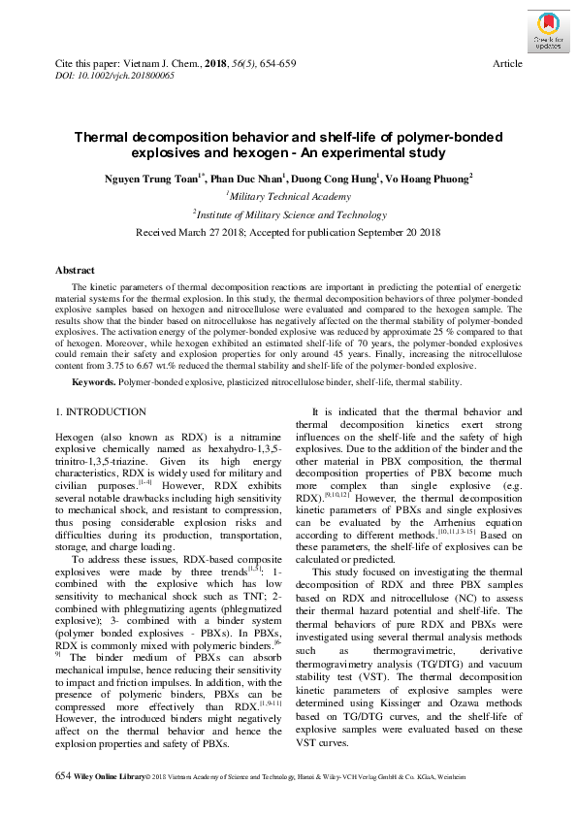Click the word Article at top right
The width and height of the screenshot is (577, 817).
tap(508, 63)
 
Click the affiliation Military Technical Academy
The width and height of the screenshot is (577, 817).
tap(289, 197)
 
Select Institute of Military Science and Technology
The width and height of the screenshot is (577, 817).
tap(289, 214)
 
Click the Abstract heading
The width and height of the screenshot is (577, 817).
tap(75, 271)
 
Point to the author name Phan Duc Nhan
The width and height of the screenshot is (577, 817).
tap(248, 179)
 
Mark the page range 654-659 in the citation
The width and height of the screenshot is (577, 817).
tap(276, 63)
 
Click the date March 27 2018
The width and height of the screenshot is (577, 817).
tap(226, 233)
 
